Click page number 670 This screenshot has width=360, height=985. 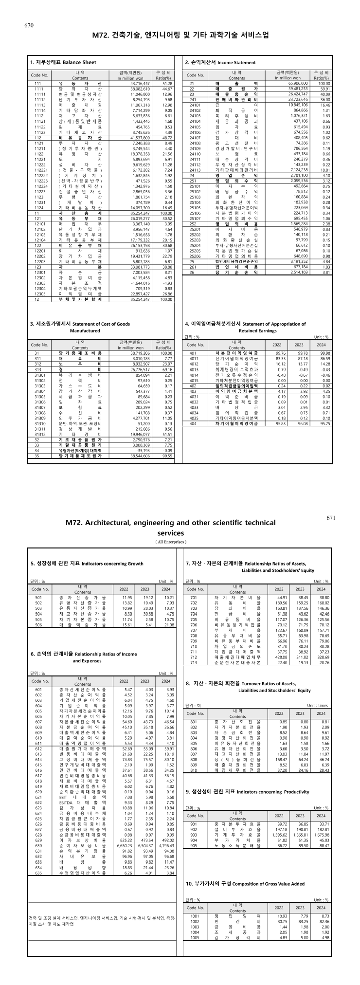[28, 25]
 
